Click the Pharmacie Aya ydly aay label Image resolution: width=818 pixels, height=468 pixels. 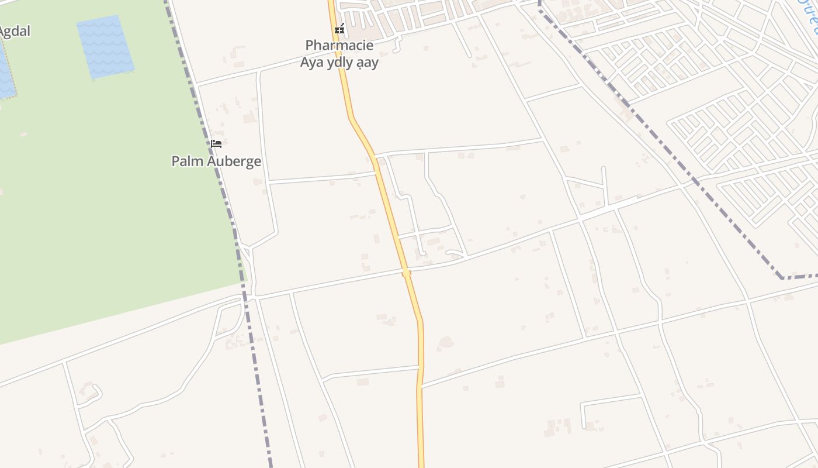coord(339,54)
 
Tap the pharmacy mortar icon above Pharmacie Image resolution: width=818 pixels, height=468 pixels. coord(339,28)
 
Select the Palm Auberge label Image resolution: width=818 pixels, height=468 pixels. coord(216,161)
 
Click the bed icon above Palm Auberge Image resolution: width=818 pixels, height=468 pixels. coord(216,144)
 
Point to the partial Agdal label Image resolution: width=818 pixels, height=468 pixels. coord(14,31)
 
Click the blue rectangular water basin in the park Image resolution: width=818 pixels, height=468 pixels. coord(105,47)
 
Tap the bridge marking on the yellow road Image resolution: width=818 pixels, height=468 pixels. coord(406,273)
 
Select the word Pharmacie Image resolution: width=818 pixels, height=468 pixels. coord(339,45)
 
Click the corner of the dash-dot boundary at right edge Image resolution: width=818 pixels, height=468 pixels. coord(782,277)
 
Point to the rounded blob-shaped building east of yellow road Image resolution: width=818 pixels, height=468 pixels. coord(446,342)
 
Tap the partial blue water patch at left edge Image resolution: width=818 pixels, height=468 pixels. coord(6,70)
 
